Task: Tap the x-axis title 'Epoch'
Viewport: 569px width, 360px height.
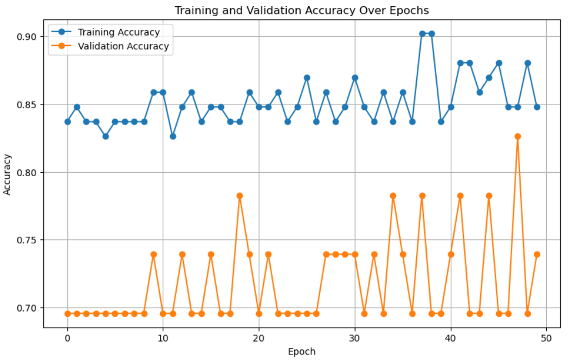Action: [302, 351]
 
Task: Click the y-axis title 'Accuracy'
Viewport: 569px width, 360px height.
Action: [8, 172]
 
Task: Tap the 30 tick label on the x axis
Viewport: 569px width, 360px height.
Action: [355, 336]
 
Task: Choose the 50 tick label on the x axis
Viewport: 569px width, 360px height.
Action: [546, 336]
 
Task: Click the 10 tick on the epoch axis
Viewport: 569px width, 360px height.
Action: [163, 336]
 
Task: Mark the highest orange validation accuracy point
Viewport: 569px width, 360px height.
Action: [518, 136]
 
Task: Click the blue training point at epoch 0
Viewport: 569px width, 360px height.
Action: [67, 121]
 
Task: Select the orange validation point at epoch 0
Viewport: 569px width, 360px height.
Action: [67, 313]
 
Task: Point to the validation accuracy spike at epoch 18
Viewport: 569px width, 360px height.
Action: [239, 196]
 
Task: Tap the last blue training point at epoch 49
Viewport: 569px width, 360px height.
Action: [537, 107]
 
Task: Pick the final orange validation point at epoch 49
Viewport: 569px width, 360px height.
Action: [537, 254]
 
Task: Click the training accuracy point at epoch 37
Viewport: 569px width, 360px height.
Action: [422, 33]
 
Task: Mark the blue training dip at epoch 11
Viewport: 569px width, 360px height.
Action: [173, 136]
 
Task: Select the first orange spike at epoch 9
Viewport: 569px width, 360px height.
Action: [153, 254]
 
